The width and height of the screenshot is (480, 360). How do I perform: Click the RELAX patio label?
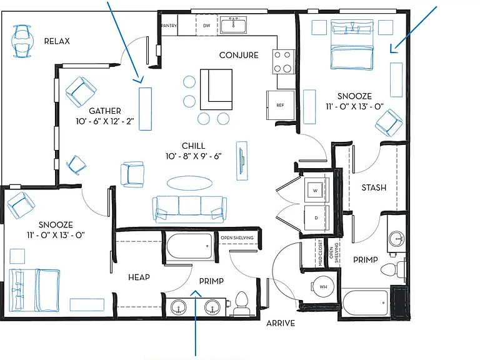pos(57,41)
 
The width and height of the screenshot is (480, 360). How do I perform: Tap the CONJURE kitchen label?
pos(239,55)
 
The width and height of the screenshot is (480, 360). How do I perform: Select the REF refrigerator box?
pos(280,105)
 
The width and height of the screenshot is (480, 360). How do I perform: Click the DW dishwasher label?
pos(207,26)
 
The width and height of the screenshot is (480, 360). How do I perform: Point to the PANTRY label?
pos(169,26)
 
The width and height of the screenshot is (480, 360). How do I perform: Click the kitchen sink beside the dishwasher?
pos(233,24)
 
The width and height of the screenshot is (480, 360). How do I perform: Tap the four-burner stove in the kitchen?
pos(283,61)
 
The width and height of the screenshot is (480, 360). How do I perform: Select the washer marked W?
pos(315,191)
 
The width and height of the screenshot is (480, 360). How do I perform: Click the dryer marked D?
pos(316,217)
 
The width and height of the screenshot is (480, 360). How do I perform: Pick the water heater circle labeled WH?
pos(323,286)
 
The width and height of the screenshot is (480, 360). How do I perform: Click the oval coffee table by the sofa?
pos(189,183)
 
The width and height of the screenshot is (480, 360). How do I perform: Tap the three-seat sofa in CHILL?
pos(189,209)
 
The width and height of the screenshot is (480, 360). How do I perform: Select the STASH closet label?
pos(374,187)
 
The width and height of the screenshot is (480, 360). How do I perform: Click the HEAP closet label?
pos(139,277)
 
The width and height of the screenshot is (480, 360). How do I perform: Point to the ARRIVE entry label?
pos(281,323)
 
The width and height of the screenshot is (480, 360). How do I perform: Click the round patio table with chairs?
pos(22,41)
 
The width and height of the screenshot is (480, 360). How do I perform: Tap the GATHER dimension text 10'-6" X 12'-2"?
pos(105,121)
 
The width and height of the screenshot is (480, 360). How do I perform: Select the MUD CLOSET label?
pos(320,253)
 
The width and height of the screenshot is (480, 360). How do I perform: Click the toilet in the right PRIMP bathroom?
pos(392,269)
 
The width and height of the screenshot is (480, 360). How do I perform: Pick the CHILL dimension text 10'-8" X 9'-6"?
pos(194,156)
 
